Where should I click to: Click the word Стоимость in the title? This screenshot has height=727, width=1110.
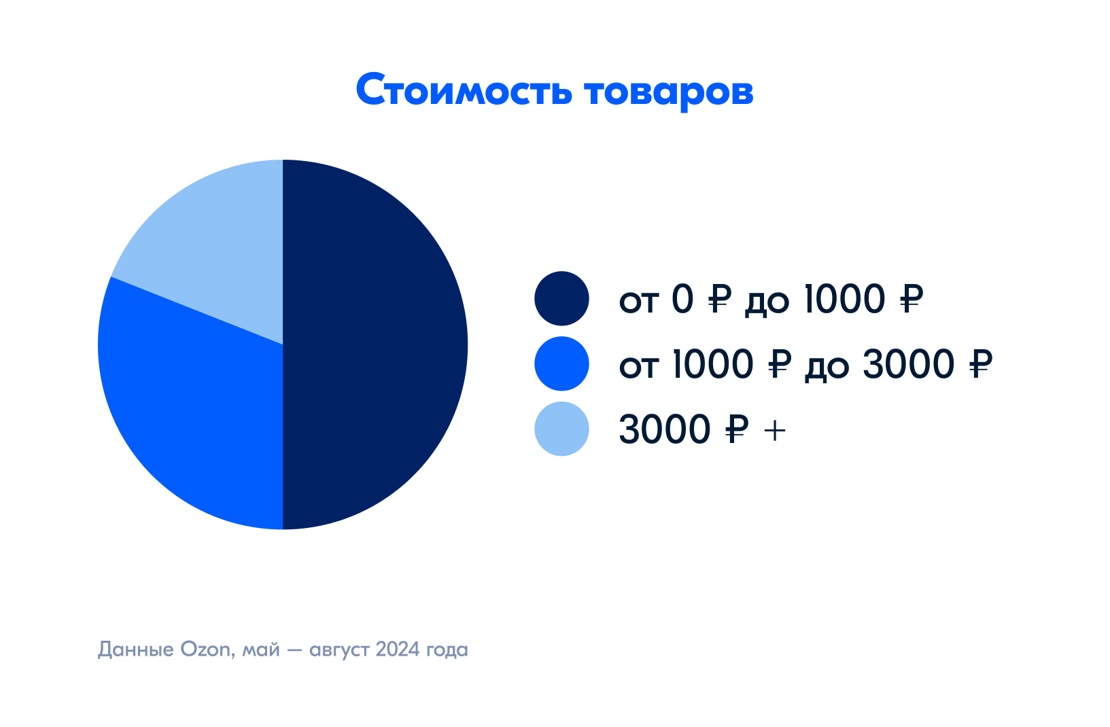464,90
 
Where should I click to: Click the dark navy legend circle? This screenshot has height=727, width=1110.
561,298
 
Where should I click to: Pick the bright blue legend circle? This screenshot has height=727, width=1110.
561,363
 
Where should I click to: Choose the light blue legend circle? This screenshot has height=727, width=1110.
561,428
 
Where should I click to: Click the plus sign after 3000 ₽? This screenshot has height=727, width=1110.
774,431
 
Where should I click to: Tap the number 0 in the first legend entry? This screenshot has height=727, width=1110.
682,299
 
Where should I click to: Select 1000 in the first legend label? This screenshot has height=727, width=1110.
844,299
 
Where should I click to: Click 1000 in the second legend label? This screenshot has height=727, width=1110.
712,364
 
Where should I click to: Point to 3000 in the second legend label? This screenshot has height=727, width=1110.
908,364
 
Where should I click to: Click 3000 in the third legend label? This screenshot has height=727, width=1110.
665,429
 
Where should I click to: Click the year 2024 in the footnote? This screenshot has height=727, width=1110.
398,649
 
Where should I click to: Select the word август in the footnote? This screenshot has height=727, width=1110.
339,651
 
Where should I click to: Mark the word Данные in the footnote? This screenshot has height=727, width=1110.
136,650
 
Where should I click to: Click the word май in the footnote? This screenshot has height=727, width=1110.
260,650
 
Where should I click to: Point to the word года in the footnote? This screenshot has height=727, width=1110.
447,651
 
